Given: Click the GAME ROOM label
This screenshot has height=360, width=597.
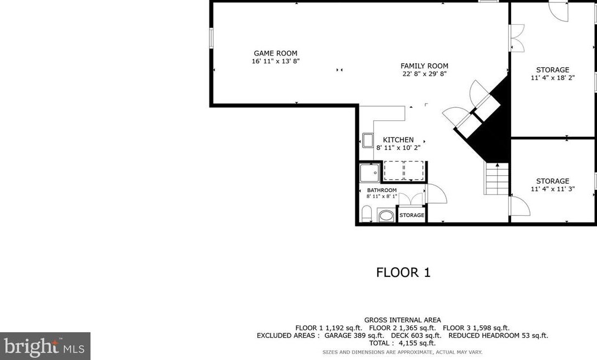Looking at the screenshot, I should pos(275,54).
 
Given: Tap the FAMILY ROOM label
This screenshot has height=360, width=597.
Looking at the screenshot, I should pos(424,66).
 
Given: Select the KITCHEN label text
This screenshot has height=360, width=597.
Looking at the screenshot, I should pos(398,140).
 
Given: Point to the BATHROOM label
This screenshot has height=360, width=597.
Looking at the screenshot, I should pos(382,190).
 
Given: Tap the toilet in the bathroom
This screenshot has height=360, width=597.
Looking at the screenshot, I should pos(366,214).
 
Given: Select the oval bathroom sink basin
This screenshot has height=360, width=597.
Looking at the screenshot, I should pos(386,215).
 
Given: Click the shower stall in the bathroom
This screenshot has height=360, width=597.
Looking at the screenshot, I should pos(371,172).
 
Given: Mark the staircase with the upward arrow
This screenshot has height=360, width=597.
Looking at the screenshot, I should pos(497,179).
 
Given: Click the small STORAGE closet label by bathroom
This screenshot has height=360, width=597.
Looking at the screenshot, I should pos(412,215).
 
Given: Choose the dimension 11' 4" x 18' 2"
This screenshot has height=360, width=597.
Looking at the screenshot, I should pos(553,78).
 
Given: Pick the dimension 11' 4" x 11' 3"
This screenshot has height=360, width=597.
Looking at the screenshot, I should pos(553,189).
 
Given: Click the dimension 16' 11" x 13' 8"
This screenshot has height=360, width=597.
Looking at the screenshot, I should pos(275,61).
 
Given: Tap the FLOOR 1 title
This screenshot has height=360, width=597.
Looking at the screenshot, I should pos(403,272).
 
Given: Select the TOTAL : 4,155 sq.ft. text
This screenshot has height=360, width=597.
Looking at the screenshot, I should pos(402,343).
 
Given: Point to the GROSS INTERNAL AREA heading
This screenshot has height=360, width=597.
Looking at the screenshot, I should pos(402,320).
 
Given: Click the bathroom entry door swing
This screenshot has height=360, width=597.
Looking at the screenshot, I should pos(436,194).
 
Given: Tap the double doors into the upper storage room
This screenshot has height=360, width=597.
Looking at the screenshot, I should pos(516,38).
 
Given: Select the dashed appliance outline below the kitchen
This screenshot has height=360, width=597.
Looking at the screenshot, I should pos(403,170).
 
